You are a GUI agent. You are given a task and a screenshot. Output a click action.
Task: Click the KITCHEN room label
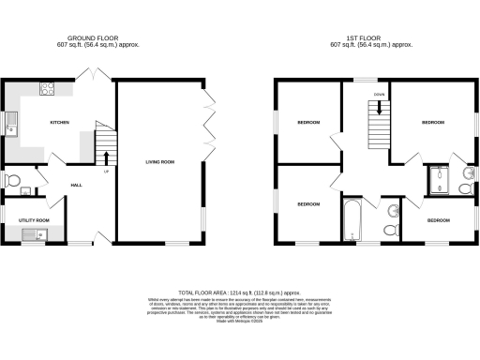coord(59,123)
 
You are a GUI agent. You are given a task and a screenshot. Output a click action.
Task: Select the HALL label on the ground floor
coord(77,185)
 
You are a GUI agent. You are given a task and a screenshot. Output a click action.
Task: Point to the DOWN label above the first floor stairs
coord(379,95)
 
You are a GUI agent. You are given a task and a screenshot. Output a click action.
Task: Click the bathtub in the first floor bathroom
coord(352,218)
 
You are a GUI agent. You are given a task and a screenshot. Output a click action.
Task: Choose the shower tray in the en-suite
coord(440,180)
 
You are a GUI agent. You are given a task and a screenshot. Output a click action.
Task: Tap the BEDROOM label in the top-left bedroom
coord(308,123)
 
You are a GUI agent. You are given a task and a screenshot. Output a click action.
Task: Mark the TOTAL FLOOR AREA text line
coord(240,290)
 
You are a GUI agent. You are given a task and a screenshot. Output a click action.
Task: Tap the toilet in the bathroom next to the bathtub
coord(392,229)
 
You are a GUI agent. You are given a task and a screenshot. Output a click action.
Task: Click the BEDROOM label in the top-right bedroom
coord(432,123)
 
